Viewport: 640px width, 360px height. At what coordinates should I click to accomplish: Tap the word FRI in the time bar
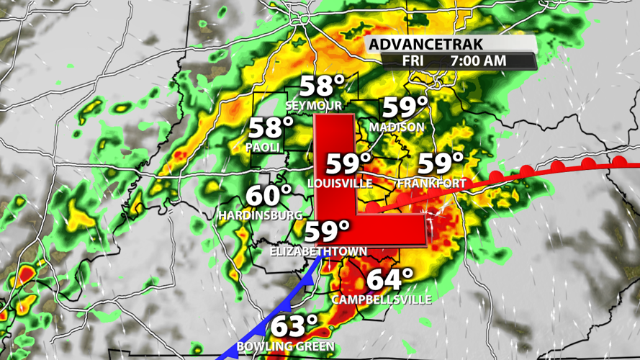pyautogui.click(x=413, y=61)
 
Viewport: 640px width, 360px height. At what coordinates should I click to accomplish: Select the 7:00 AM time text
pyautogui.click(x=478, y=61)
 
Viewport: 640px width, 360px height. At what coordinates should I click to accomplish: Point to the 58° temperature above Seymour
pyautogui.click(x=323, y=86)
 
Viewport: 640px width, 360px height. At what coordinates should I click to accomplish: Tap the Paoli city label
pyautogui.click(x=262, y=147)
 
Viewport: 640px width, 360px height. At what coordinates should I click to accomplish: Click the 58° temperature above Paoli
pyautogui.click(x=271, y=128)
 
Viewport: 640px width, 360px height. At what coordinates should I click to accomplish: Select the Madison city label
pyautogui.click(x=397, y=127)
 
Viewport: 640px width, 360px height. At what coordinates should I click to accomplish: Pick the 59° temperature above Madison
pyautogui.click(x=405, y=108)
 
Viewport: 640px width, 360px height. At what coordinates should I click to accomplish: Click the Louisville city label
pyautogui.click(x=340, y=184)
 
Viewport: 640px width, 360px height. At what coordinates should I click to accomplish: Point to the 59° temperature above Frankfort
pyautogui.click(x=441, y=163)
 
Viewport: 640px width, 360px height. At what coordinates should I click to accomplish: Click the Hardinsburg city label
pyautogui.click(x=261, y=215)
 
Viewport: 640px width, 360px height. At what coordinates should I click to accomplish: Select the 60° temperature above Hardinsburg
pyautogui.click(x=269, y=196)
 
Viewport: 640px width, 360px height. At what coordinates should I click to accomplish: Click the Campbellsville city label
pyautogui.click(x=382, y=299)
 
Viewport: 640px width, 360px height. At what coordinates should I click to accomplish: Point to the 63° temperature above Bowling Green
pyautogui.click(x=294, y=326)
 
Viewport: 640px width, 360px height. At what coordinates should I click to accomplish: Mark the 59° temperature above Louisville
pyautogui.click(x=349, y=163)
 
